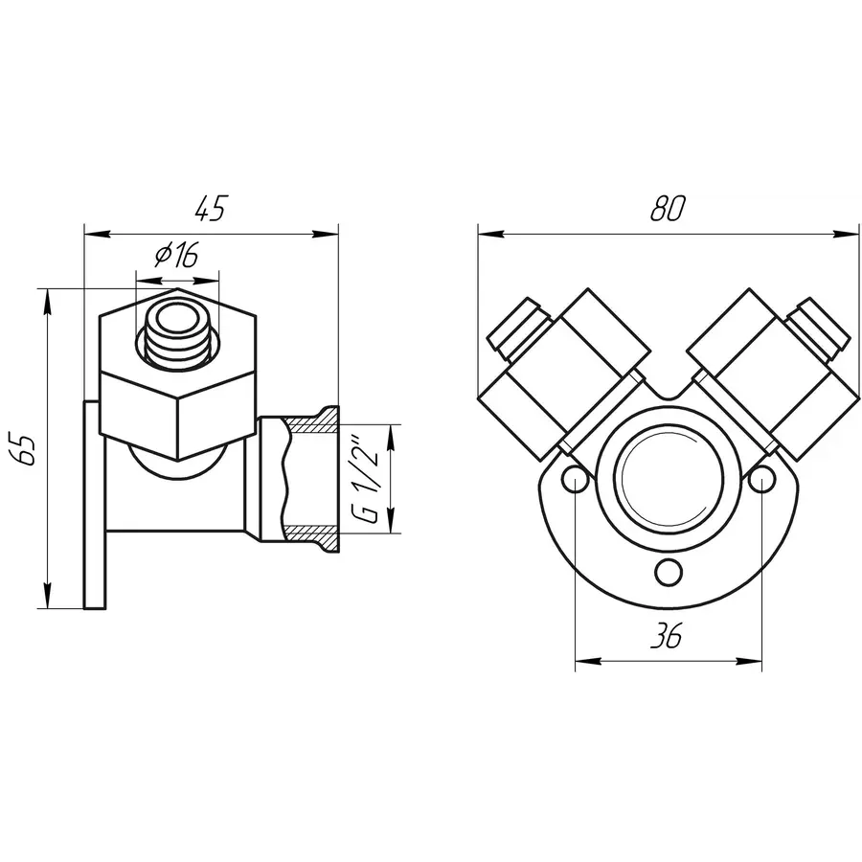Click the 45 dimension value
(x=211, y=209)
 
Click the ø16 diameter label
(x=176, y=255)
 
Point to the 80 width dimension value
(x=668, y=209)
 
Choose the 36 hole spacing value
(x=667, y=636)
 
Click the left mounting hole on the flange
(x=575, y=480)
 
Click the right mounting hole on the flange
(x=761, y=480)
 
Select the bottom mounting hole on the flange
(x=669, y=573)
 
